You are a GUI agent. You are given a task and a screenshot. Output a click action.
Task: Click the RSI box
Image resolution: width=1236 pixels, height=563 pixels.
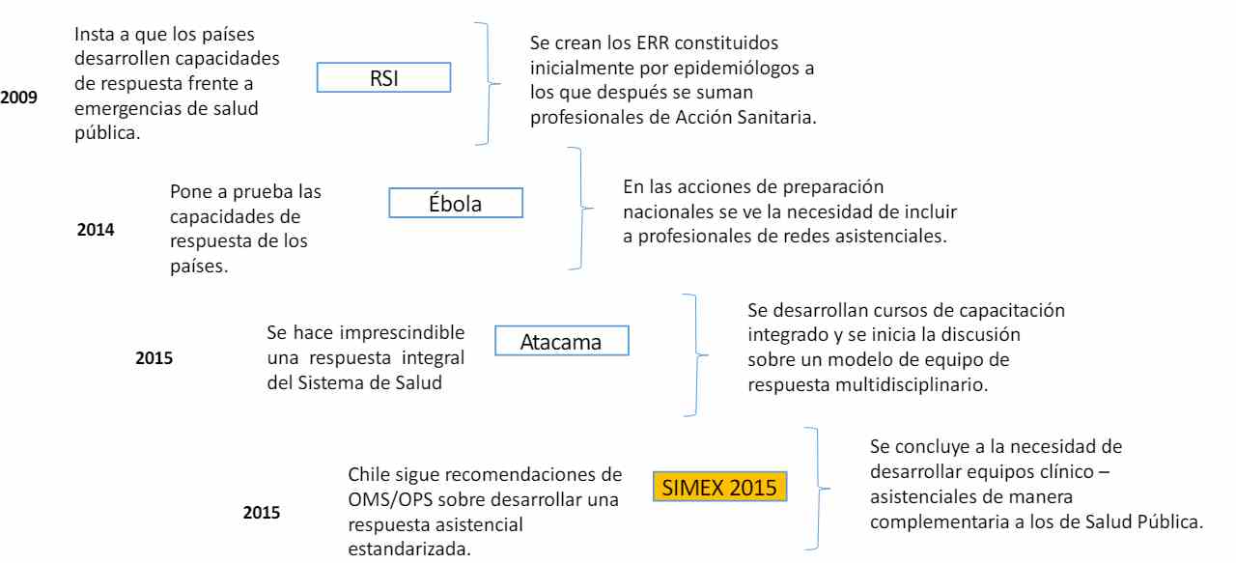(x=383, y=77)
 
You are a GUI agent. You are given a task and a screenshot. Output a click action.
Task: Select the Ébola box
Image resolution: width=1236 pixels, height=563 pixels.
(x=455, y=203)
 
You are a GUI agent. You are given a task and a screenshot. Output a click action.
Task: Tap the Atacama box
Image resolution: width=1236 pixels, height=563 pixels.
(x=561, y=341)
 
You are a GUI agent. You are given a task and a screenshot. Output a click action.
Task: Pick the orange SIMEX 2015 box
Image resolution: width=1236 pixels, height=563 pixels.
(x=719, y=487)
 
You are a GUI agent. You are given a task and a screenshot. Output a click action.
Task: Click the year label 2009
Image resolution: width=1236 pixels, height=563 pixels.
(x=18, y=98)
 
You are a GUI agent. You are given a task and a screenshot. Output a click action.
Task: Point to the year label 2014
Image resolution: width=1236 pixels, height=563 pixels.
(x=96, y=230)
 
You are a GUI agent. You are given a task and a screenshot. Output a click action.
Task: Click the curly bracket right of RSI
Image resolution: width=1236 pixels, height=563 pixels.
(x=489, y=83)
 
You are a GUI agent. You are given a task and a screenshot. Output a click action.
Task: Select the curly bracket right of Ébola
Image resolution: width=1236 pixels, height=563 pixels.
(x=581, y=208)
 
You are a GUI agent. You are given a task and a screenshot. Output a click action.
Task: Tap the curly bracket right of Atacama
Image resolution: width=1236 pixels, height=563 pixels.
(x=696, y=355)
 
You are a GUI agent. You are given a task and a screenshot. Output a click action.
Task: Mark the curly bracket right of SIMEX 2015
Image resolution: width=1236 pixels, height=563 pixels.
(x=818, y=489)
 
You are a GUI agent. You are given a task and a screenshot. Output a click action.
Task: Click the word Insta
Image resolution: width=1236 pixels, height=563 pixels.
(x=94, y=34)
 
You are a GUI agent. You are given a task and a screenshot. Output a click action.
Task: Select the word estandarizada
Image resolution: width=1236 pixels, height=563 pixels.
(x=409, y=549)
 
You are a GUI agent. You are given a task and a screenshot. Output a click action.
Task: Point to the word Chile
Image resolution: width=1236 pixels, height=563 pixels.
(x=369, y=474)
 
